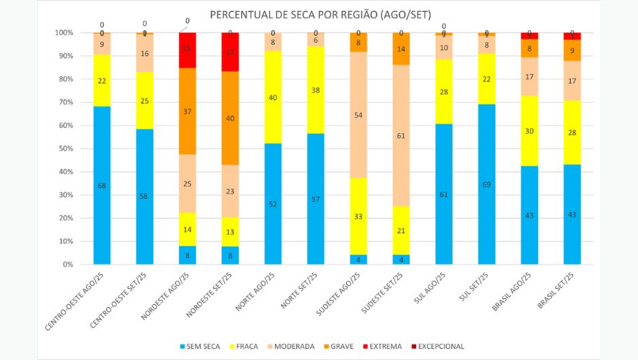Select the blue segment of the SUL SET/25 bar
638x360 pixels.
click(487, 184)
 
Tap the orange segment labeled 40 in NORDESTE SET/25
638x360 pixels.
click(230, 118)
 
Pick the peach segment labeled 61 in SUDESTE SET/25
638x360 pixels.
click(401, 136)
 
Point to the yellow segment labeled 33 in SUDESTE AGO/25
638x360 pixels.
click(358, 217)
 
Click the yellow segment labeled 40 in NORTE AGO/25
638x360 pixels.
click(273, 97)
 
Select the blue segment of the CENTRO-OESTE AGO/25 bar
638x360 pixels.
click(102, 185)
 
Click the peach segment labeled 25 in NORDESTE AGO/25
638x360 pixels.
click(187, 183)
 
